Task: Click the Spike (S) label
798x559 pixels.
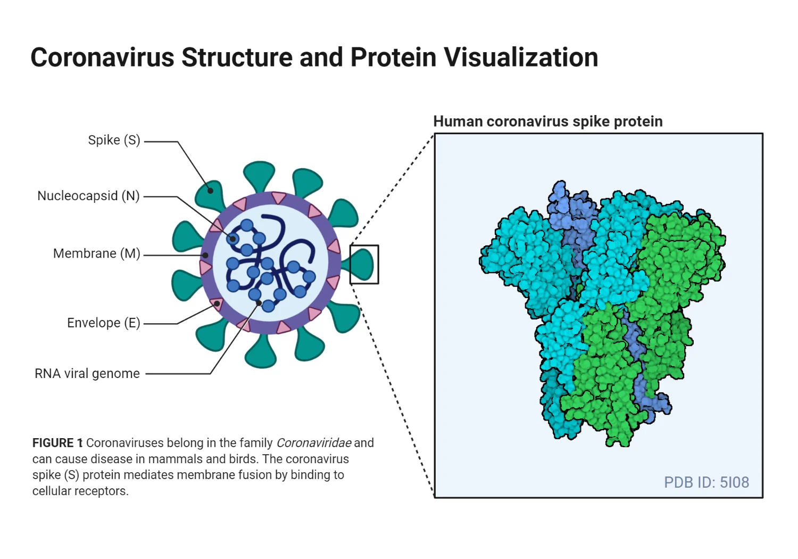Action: tap(114, 140)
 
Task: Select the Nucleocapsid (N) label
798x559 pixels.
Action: tap(88, 196)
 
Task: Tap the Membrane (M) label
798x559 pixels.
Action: tap(96, 253)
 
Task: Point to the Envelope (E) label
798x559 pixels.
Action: tap(103, 323)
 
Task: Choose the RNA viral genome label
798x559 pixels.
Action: tap(87, 374)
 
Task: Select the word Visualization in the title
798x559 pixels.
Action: tap(521, 57)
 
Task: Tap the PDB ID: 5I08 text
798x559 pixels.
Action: tap(706, 482)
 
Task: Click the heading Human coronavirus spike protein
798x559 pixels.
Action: tap(547, 121)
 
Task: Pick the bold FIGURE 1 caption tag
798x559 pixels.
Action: tap(57, 443)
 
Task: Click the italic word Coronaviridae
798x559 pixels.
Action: tap(314, 443)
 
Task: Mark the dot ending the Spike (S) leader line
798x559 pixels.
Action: tap(211, 190)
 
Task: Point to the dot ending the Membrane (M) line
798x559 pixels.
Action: tap(205, 256)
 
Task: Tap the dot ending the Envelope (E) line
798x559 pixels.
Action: tap(217, 304)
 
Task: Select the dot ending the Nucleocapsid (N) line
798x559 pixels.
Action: tap(232, 239)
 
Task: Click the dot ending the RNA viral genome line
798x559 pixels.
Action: tap(259, 303)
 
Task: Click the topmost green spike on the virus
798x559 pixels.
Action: tap(259, 175)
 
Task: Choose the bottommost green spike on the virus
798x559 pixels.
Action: tap(261, 352)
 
